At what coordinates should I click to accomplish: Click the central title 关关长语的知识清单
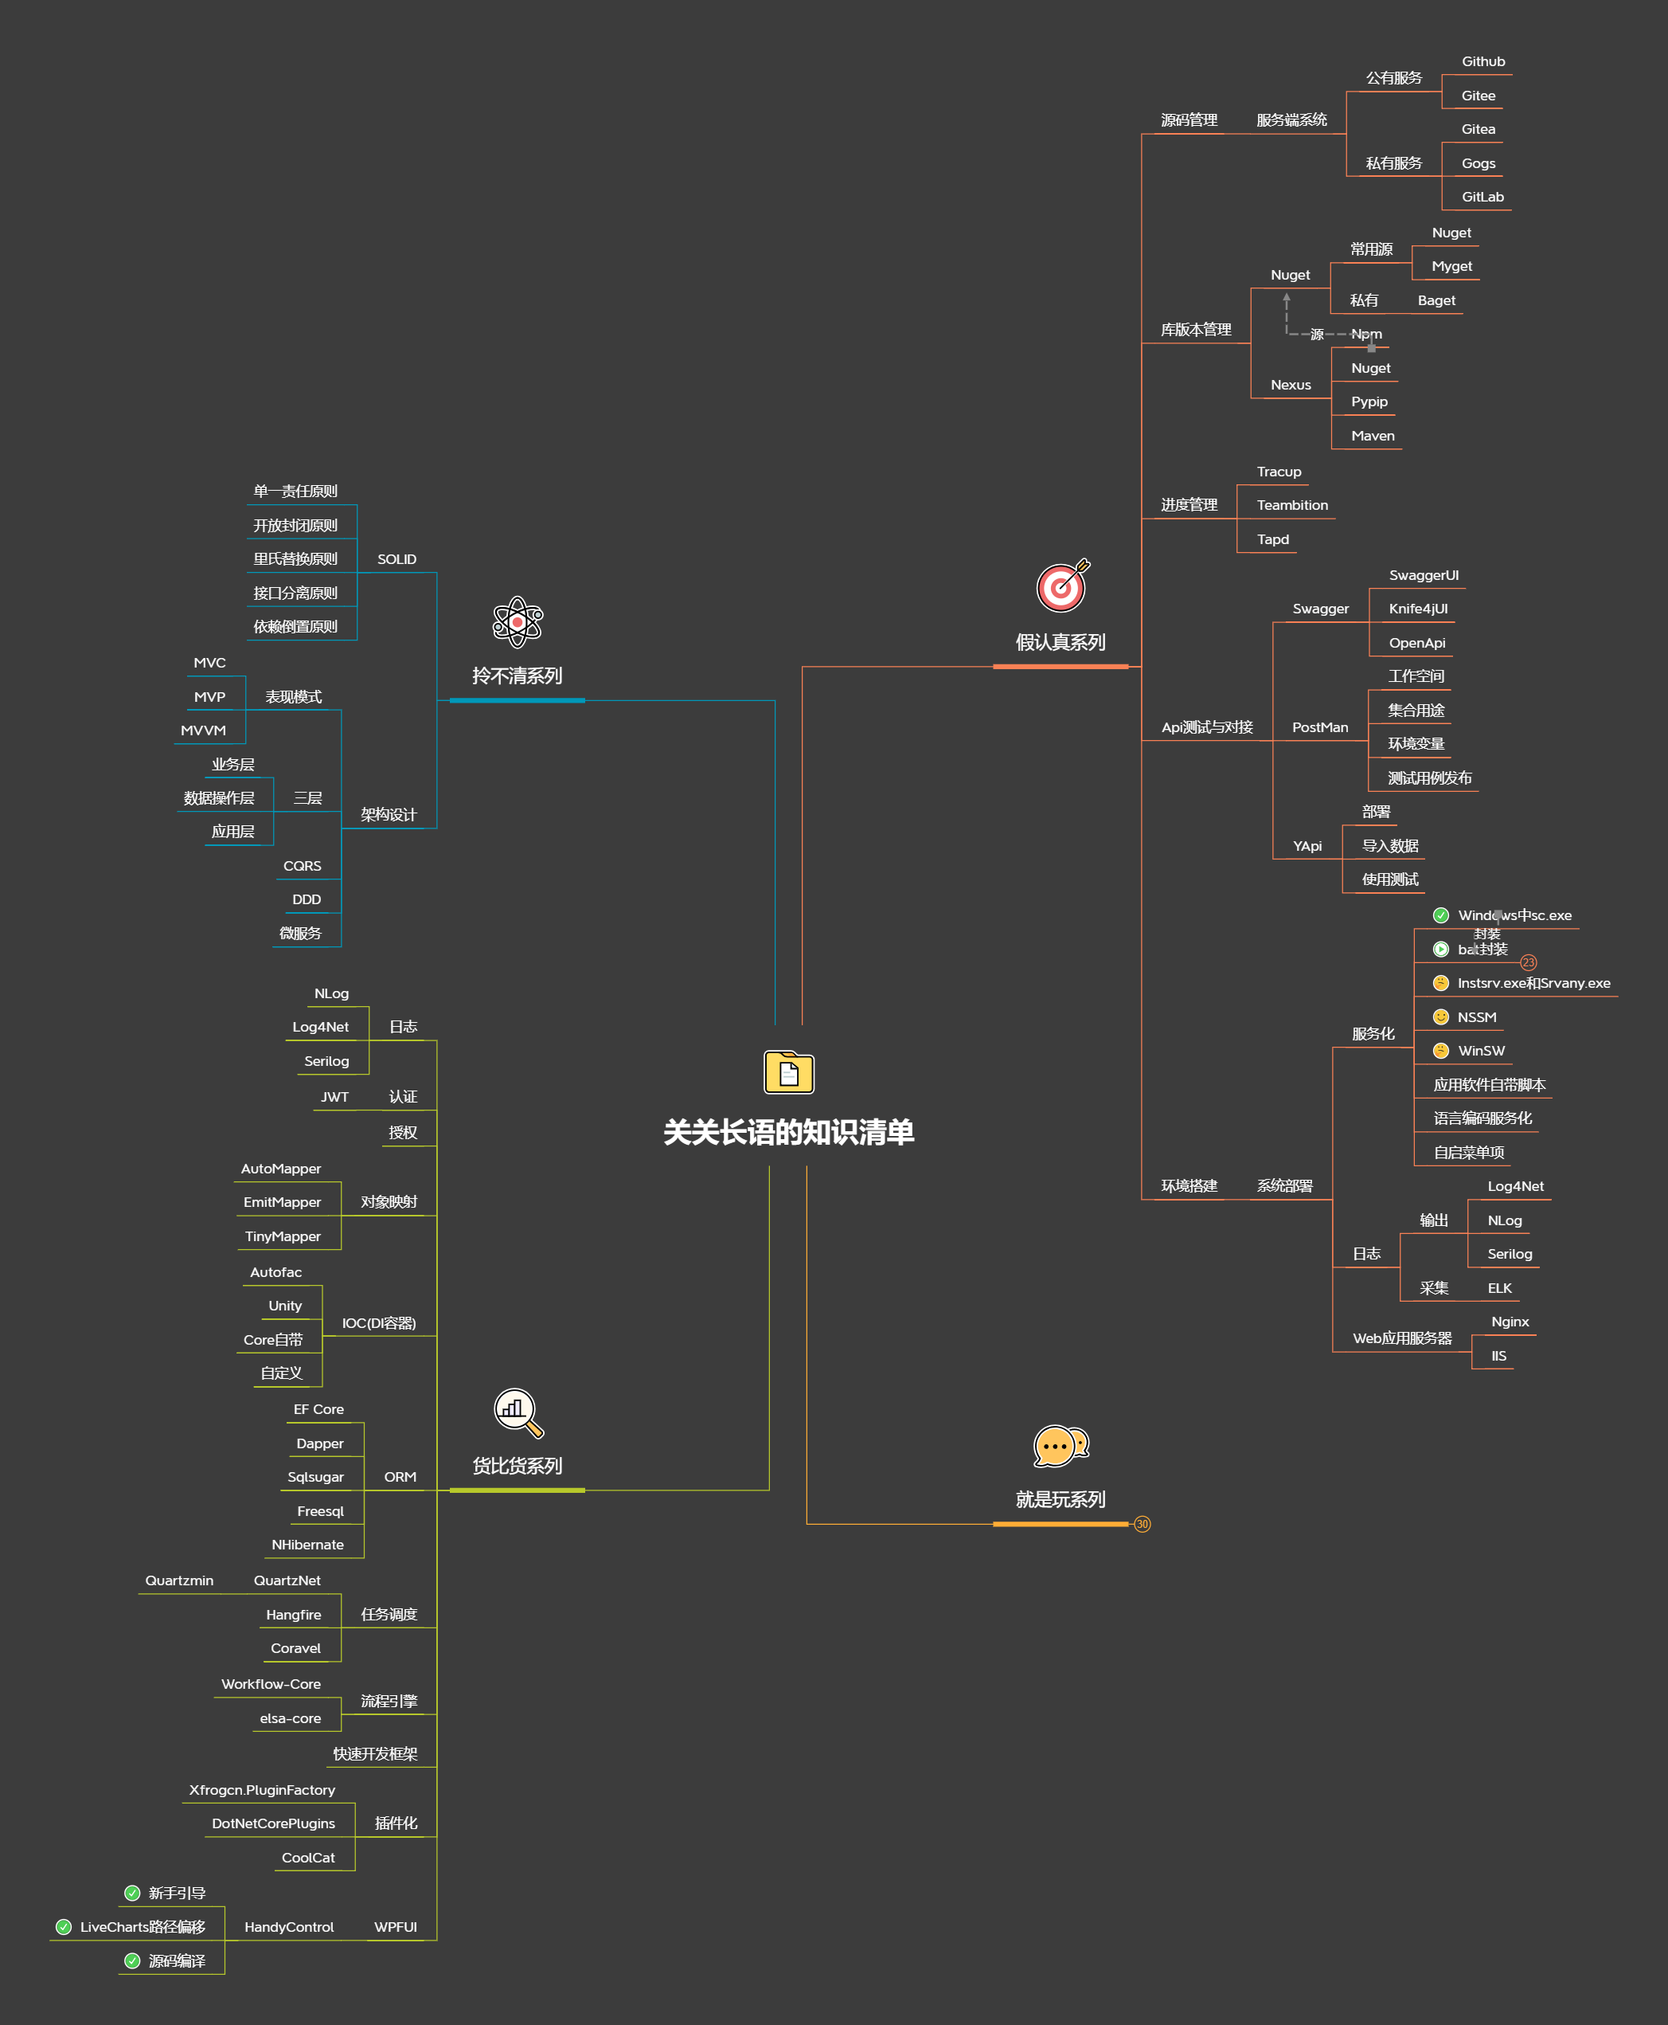[x=788, y=1132]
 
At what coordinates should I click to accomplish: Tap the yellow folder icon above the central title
[x=788, y=1071]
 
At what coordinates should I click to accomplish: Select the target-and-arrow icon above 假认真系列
[x=1062, y=586]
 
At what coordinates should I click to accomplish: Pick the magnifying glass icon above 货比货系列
[x=518, y=1412]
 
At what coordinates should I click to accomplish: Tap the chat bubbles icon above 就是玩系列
[x=1060, y=1446]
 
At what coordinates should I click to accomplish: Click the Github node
[x=1482, y=61]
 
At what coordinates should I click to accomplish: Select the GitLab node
[x=1482, y=197]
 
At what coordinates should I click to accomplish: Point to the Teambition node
[x=1291, y=506]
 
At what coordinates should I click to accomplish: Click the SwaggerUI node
[x=1423, y=576]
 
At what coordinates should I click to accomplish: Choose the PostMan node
[x=1319, y=727]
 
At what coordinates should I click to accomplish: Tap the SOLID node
[x=396, y=559]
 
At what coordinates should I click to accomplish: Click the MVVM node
[x=203, y=730]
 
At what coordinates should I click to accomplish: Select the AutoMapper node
[x=280, y=1169]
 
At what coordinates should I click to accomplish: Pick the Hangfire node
[x=293, y=1615]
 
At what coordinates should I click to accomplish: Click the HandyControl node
[x=288, y=1927]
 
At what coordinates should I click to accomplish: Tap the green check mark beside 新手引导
[x=133, y=1894]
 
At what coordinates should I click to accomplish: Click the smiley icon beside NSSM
[x=1440, y=1016]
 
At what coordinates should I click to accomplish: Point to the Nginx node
[x=1509, y=1322]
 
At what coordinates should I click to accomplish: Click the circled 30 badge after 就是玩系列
[x=1142, y=1524]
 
